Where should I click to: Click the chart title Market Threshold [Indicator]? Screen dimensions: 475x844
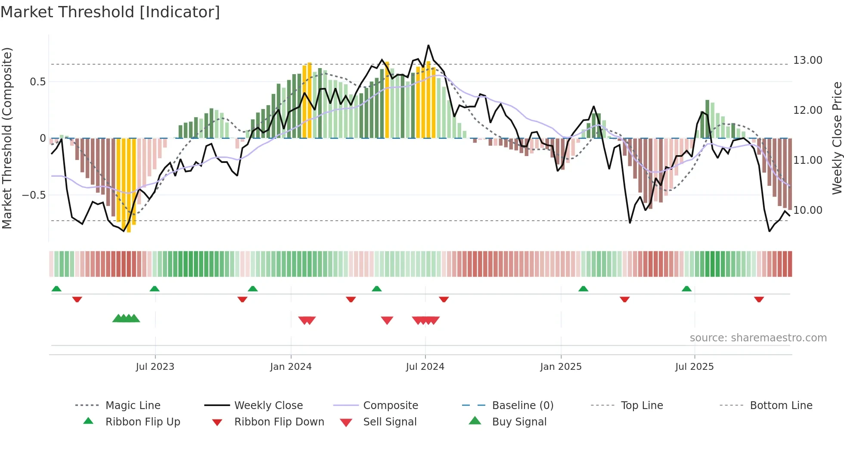point(110,12)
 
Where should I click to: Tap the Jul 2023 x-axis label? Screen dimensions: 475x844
point(155,367)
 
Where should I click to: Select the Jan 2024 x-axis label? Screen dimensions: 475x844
point(291,367)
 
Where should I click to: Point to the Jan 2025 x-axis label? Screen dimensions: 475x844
point(561,367)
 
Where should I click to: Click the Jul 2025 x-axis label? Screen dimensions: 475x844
point(694,367)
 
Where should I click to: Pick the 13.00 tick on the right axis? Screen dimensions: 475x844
point(807,60)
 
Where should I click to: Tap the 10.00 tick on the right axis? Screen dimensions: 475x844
point(807,210)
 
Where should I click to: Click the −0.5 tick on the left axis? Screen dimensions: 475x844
point(34,195)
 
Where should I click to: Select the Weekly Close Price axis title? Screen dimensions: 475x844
point(837,138)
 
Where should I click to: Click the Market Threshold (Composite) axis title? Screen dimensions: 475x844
point(7,138)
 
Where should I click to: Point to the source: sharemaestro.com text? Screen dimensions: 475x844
point(758,338)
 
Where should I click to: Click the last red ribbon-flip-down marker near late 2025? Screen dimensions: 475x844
point(759,299)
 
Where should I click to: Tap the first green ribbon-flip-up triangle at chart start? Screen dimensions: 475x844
point(56,289)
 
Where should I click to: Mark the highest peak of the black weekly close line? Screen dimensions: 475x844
point(428,45)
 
